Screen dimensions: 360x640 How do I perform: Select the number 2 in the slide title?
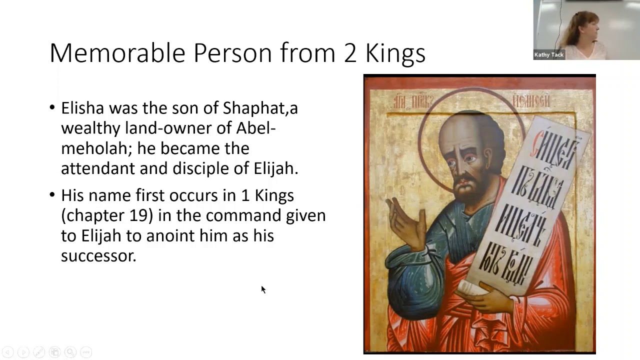pyautogui.click(x=349, y=53)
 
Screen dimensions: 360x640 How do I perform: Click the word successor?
pyautogui.click(x=98, y=255)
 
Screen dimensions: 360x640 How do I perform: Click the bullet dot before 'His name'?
pyautogui.click(x=53, y=195)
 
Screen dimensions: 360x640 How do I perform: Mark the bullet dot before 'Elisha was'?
pyautogui.click(x=53, y=108)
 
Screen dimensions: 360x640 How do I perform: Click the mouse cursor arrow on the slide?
pyautogui.click(x=263, y=289)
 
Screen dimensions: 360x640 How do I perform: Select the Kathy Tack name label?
pyautogui.click(x=548, y=55)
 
